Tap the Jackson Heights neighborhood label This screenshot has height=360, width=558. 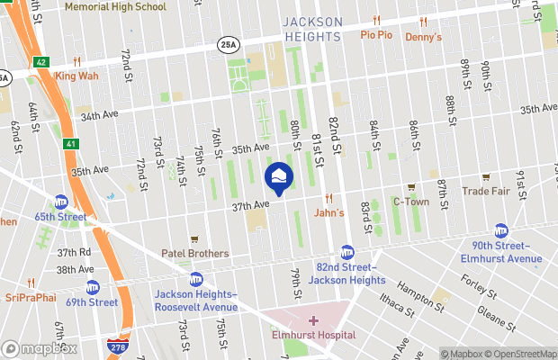pos(312,28)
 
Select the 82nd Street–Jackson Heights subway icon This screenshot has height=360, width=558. pos(347,253)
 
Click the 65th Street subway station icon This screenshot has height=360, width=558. pos(61,202)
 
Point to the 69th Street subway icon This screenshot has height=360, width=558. pos(92,288)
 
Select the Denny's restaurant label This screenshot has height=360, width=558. pos(423,37)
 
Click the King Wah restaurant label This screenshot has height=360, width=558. pos(76,76)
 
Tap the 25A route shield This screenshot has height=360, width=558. pos(229,42)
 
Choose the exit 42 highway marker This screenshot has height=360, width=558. pos(41,62)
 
